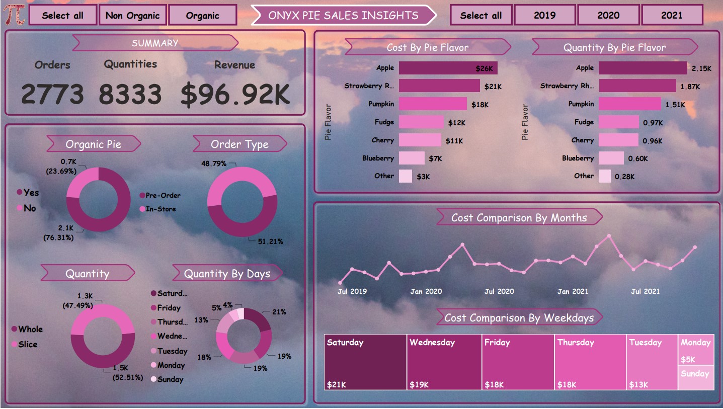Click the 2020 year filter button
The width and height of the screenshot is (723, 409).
[x=608, y=15]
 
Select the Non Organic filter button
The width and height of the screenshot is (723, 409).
[x=132, y=15]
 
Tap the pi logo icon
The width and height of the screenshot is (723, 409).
[x=15, y=15]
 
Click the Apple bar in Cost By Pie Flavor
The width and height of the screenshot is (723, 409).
[x=448, y=68]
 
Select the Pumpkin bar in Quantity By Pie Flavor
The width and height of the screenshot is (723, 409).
[x=629, y=104]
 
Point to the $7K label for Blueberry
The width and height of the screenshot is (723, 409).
[x=435, y=159]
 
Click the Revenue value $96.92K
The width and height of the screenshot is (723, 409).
[x=235, y=95]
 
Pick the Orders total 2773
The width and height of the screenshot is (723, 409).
[x=52, y=95]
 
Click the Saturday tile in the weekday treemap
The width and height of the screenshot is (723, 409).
[x=365, y=362]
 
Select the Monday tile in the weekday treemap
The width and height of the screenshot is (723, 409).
[x=696, y=350]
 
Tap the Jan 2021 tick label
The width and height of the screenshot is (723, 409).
[x=573, y=291]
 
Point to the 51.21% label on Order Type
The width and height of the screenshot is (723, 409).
[x=270, y=241]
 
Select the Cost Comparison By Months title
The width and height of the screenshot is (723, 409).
[x=519, y=218]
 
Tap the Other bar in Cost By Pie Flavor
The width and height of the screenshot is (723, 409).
[x=406, y=176]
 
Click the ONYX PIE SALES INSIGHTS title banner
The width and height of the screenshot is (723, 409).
[x=343, y=15]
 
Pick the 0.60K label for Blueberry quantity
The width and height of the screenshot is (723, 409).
[x=638, y=159]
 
